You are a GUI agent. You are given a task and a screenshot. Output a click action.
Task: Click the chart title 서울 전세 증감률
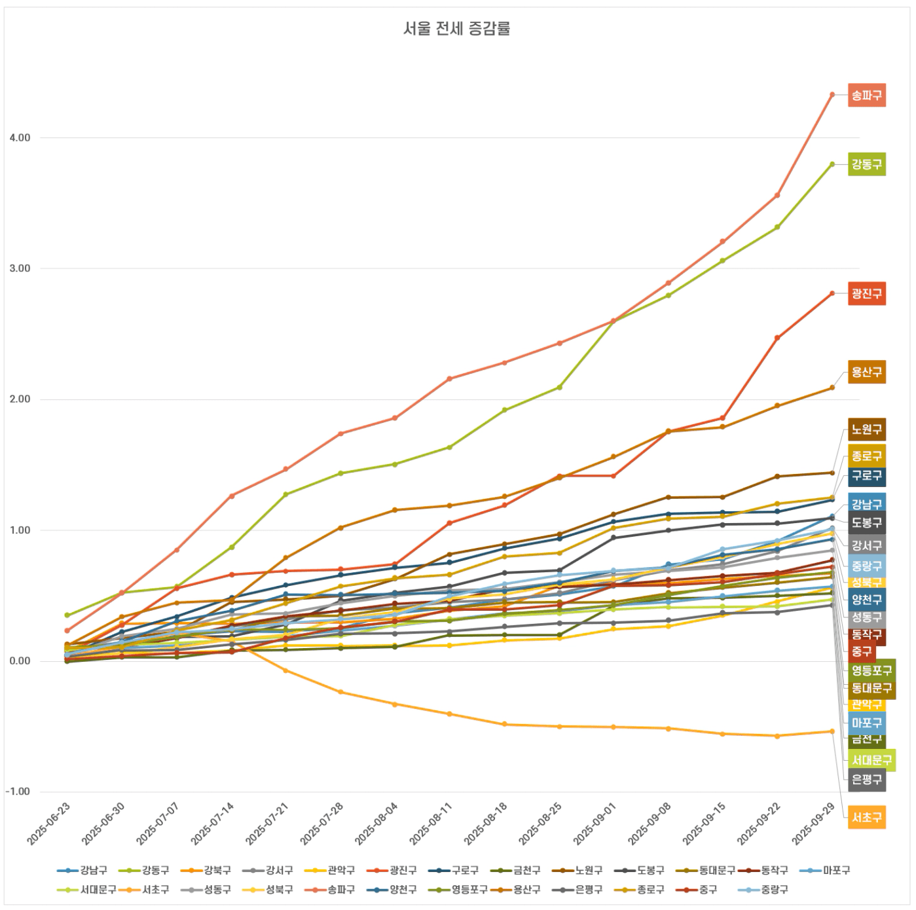456,29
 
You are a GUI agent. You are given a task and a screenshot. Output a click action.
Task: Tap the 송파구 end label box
866,96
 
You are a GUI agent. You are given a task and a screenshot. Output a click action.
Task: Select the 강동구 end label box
866,164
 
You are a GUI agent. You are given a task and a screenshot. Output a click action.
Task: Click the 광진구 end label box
866,293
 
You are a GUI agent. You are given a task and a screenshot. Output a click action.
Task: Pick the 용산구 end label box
866,372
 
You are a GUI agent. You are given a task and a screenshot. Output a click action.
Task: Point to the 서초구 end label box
866,817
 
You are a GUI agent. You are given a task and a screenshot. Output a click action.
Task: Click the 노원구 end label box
866,430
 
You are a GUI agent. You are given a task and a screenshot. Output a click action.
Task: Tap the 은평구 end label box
866,779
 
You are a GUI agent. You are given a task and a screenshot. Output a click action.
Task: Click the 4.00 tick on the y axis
20,138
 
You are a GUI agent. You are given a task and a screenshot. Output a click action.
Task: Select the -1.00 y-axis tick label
18,792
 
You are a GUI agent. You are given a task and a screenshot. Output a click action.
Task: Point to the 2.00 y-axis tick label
20,399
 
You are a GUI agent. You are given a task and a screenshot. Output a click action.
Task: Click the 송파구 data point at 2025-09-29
832,95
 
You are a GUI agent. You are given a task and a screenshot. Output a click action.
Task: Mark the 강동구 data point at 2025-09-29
832,164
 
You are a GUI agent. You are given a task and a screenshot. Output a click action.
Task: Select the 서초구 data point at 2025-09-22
777,736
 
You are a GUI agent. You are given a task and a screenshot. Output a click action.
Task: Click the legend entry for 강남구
83,871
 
